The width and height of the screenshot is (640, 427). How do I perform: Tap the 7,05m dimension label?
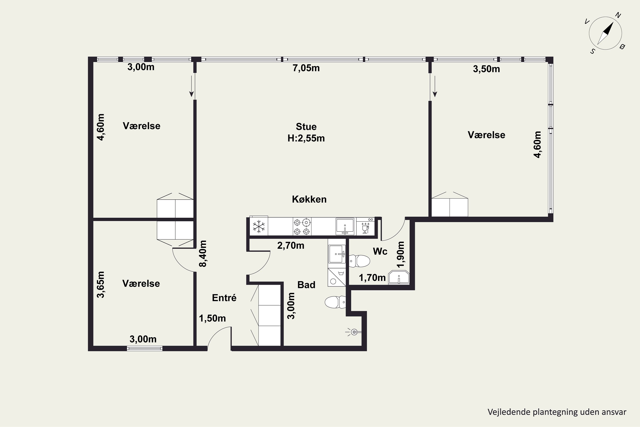[x=306, y=68]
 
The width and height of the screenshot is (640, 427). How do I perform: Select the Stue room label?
[x=306, y=127]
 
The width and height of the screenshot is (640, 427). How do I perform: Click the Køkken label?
[x=309, y=199]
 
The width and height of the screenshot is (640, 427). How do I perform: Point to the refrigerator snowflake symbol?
[x=259, y=227]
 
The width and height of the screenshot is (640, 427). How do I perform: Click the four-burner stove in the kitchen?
[x=302, y=227]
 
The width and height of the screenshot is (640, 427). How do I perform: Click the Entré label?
[x=224, y=298]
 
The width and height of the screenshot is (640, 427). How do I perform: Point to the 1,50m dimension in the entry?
[x=212, y=318]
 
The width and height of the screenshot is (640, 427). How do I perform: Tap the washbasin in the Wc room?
[x=399, y=278]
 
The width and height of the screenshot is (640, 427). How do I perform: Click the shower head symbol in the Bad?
[x=354, y=332]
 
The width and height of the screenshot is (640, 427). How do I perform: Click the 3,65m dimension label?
[x=101, y=285]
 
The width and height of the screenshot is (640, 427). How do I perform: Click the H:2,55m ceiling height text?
[x=306, y=138]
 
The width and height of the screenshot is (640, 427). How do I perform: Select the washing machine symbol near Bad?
[x=337, y=277]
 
